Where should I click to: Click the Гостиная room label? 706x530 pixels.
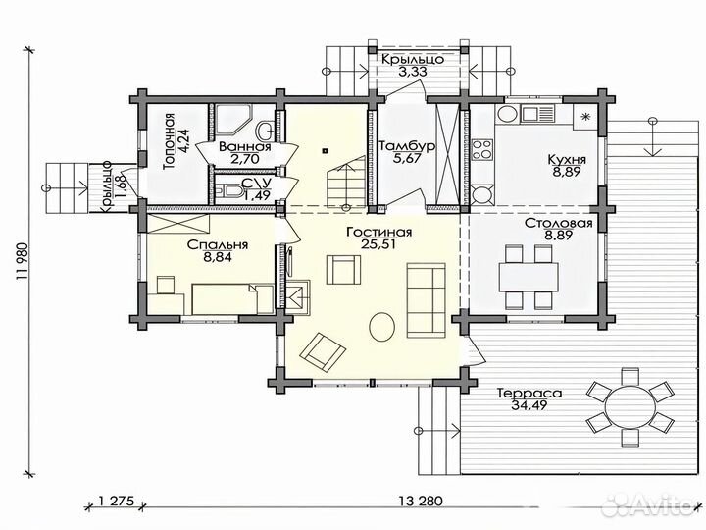pos(379,232)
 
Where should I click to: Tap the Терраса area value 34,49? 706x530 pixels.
pos(529,405)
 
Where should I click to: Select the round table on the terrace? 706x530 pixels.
pos(630,407)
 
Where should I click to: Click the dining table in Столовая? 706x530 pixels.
pos(529,278)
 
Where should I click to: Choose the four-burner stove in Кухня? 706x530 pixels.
pos(482,149)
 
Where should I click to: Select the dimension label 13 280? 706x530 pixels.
pos(421,501)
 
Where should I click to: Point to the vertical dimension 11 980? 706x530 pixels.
pos(23,262)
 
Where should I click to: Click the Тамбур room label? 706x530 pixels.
pos(407,146)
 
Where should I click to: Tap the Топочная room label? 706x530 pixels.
pos(169,141)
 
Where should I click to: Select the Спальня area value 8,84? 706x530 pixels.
pos(218,257)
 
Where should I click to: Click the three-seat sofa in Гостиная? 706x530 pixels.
pos(427,300)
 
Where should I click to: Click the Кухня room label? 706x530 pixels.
pos(567,160)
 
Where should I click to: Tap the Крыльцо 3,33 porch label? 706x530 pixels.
pos(413,65)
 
